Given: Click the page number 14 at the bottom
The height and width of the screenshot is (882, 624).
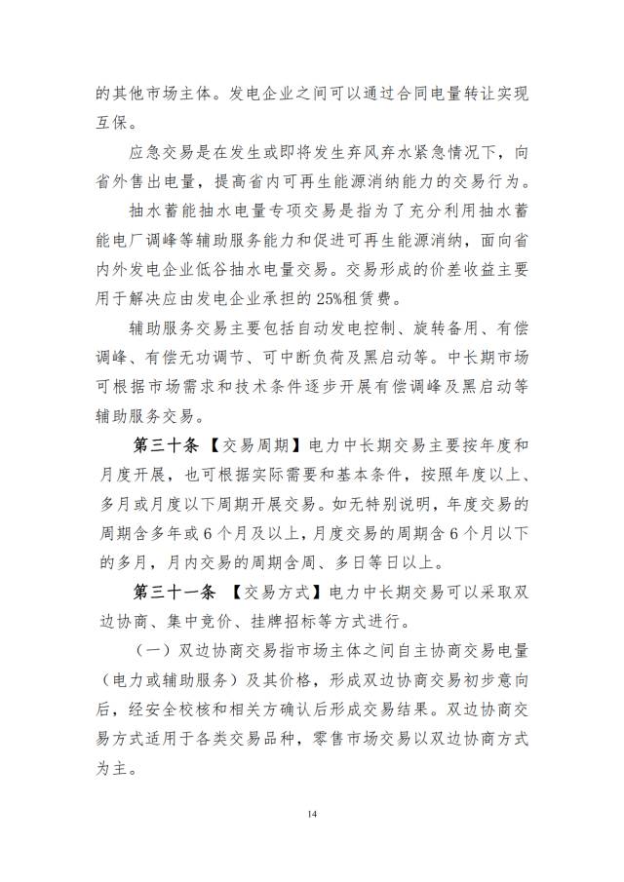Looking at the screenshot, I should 312,814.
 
